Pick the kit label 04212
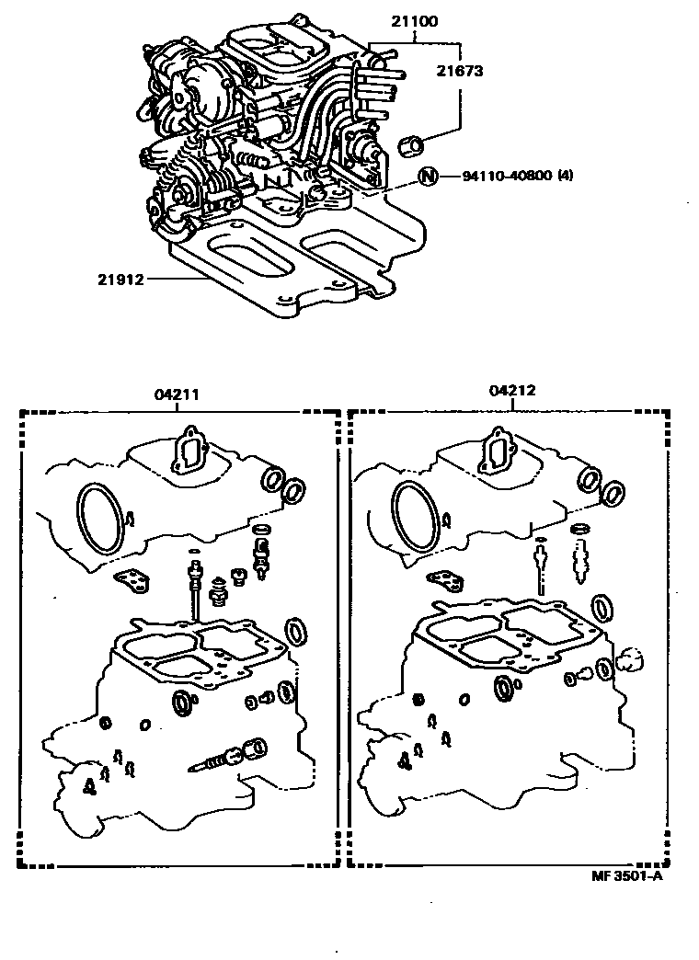click(512, 391)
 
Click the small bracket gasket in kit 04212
click(446, 580)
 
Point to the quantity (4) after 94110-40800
click(566, 177)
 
